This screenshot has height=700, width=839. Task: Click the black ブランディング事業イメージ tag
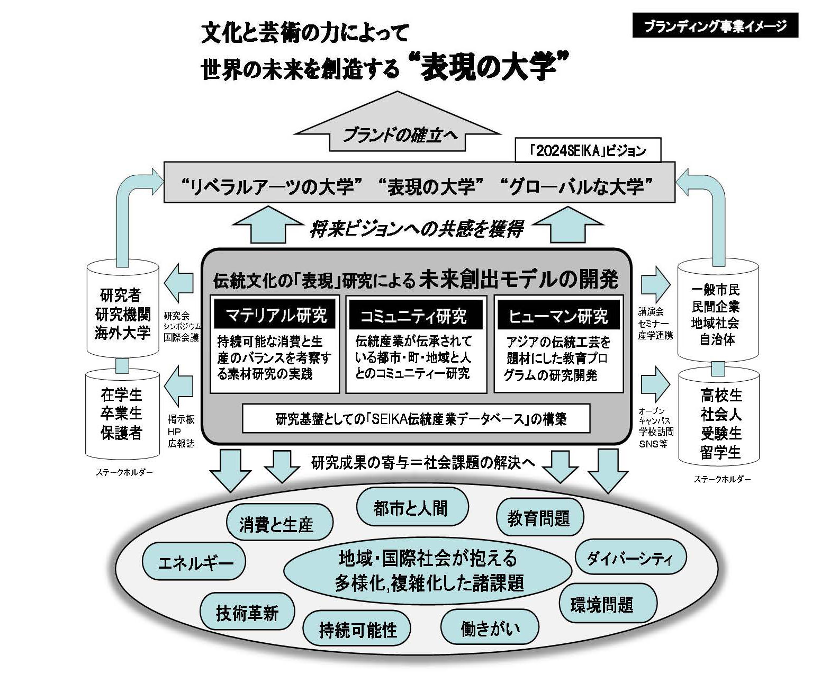[715, 26]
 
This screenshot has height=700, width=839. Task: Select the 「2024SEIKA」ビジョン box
[588, 151]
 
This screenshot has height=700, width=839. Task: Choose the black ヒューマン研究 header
[558, 316]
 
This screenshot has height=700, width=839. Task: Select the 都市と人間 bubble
[411, 508]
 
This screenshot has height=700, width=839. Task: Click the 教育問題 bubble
[539, 518]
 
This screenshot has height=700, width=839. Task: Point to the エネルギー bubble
[195, 562]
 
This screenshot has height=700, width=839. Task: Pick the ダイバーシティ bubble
[630, 558]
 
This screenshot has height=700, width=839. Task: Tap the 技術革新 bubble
[247, 613]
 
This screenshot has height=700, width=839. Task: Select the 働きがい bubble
[490, 628]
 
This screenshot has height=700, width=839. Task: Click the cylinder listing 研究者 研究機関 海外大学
[122, 312]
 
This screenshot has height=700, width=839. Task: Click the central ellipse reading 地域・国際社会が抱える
[428, 570]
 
